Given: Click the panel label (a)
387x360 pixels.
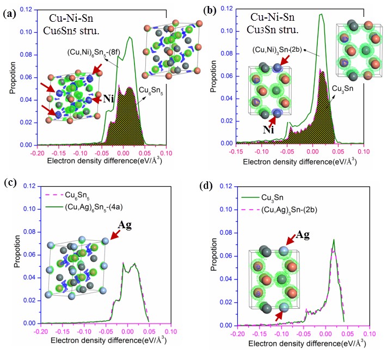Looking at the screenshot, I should point(10,11).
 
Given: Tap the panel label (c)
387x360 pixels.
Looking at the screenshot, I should point(10,184).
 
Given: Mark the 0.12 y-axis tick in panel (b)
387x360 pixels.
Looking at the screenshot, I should point(226,9).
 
